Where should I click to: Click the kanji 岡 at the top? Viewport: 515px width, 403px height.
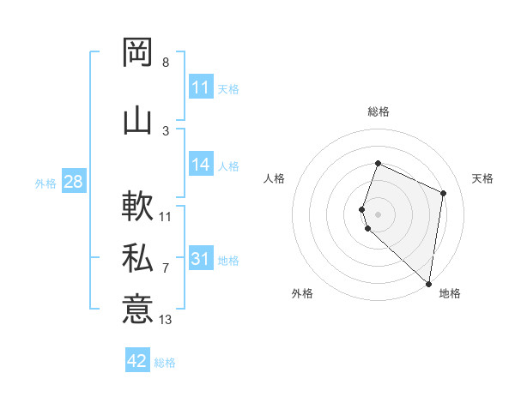(137, 53)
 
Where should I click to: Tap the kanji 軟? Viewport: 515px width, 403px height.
(137, 207)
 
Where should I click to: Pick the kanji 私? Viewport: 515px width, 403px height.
(137, 258)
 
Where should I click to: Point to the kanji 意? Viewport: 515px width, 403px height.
(137, 310)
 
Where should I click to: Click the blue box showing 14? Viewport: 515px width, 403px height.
(201, 165)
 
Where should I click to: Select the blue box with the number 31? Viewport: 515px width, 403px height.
(201, 260)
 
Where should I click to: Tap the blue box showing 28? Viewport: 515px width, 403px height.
(73, 183)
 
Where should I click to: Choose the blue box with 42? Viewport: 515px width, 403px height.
(137, 361)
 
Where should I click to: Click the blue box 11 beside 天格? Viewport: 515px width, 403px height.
(201, 88)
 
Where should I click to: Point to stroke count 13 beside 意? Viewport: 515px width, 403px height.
(166, 320)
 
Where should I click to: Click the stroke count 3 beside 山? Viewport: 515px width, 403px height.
(166, 131)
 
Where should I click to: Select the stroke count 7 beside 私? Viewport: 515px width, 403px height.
(166, 268)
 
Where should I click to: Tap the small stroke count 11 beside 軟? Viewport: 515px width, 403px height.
(166, 217)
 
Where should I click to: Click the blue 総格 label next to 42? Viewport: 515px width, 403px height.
(165, 363)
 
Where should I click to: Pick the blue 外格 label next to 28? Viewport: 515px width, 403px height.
(45, 183)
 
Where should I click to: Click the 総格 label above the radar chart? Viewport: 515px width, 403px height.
(379, 111)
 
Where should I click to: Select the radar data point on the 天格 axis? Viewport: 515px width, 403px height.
(444, 193)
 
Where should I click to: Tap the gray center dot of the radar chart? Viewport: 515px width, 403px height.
(379, 214)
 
